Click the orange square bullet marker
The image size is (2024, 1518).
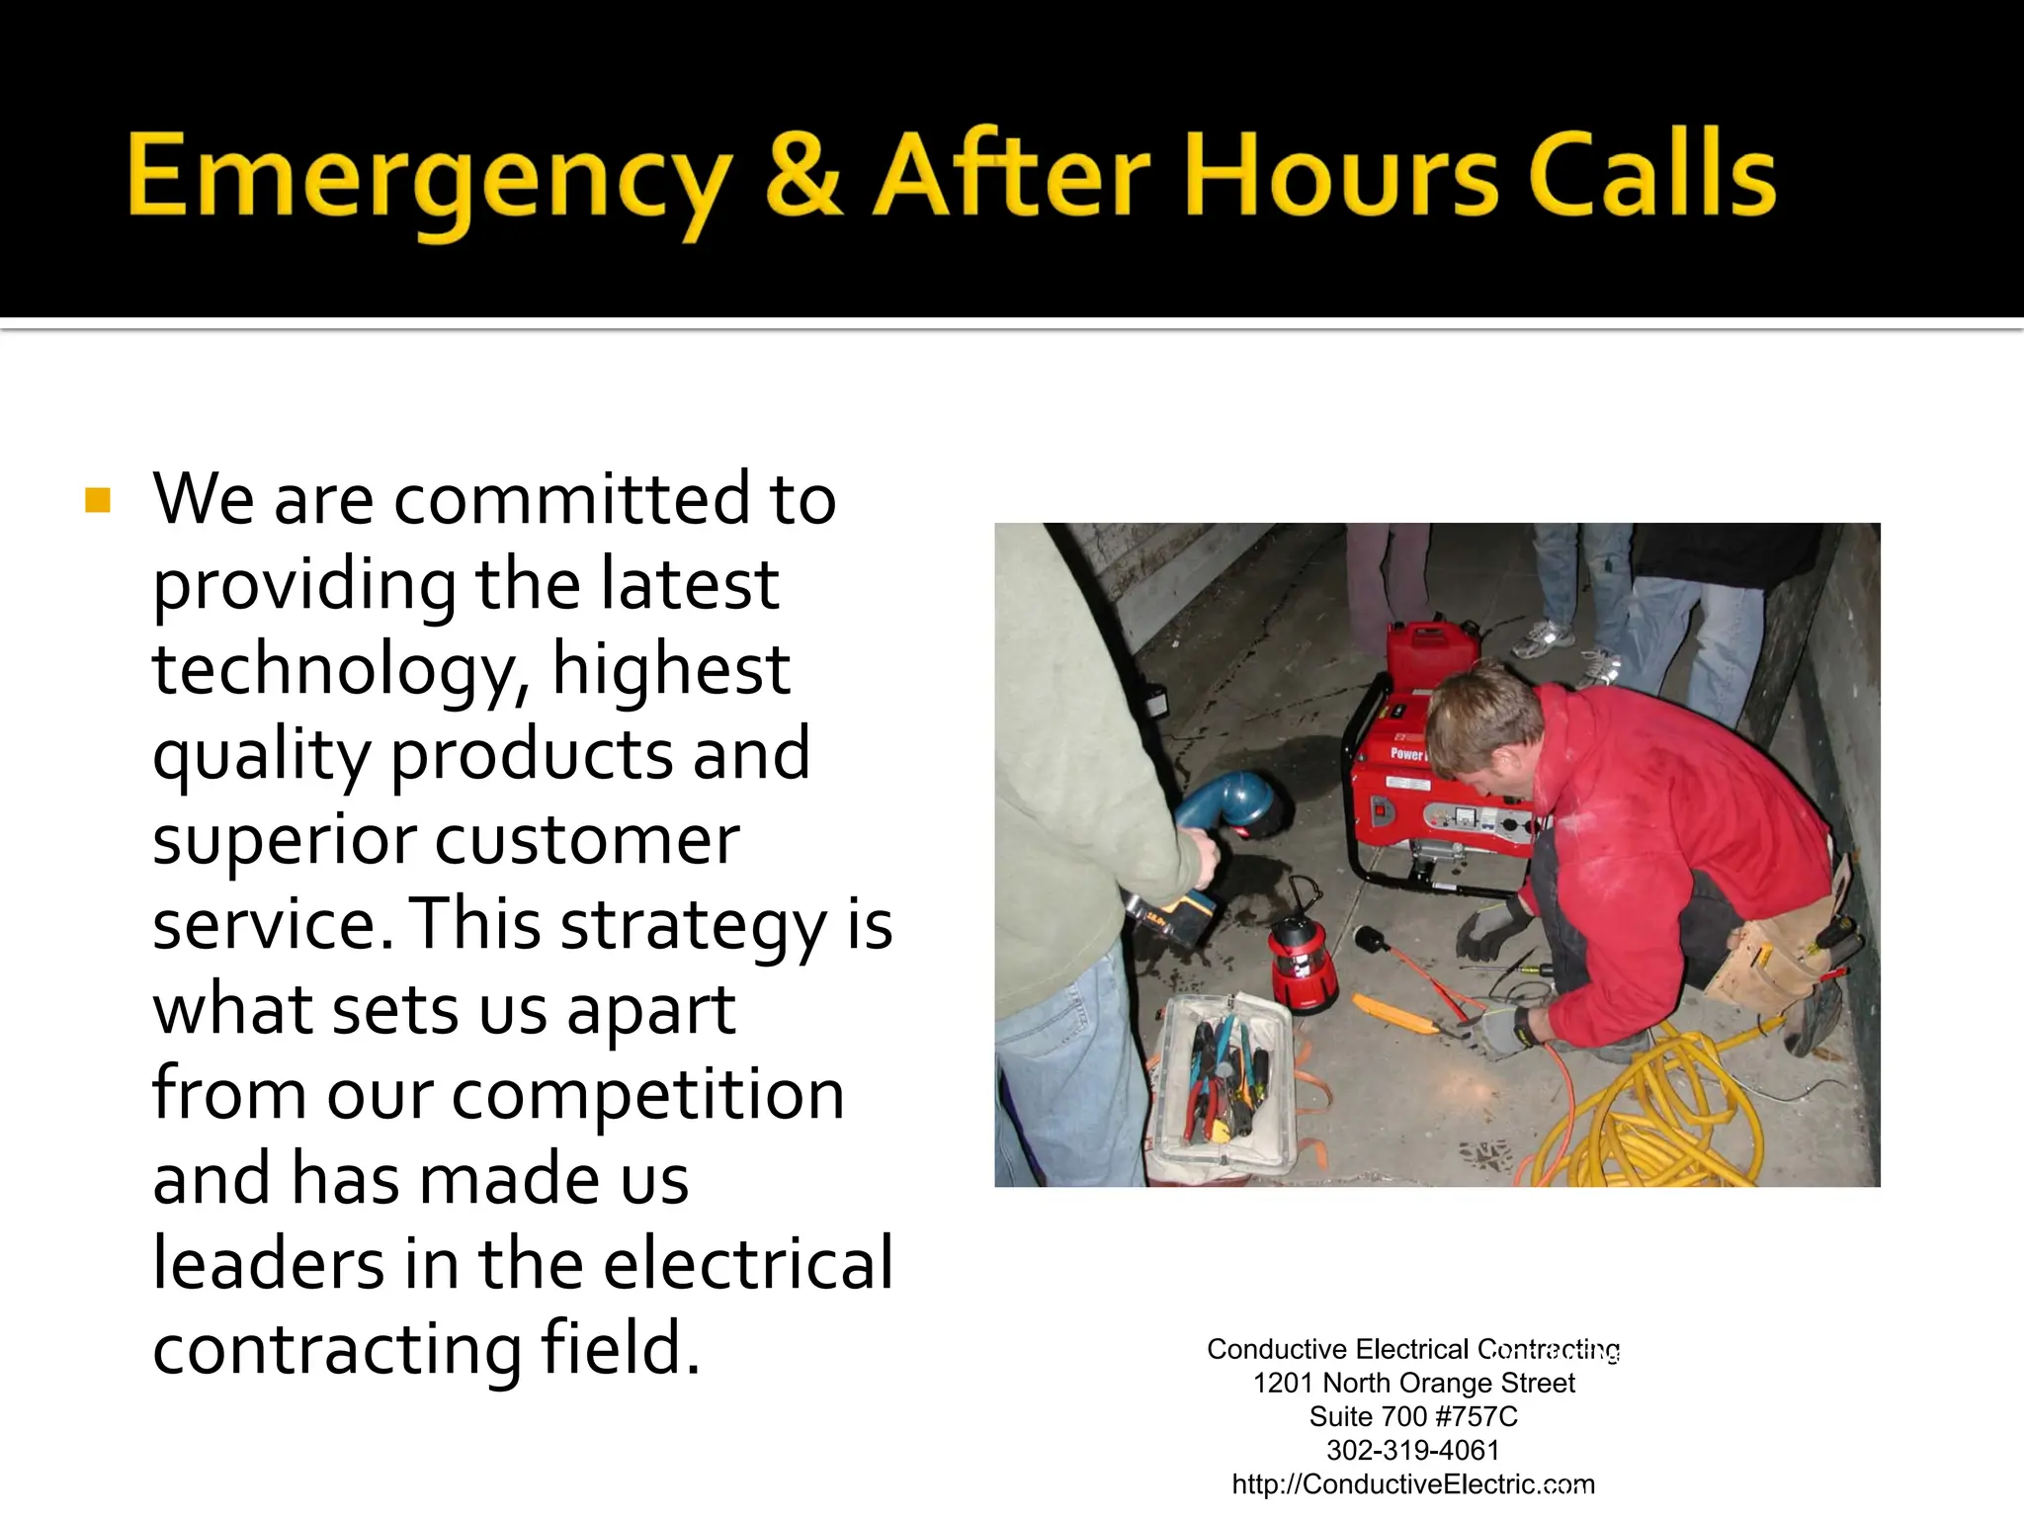(x=98, y=500)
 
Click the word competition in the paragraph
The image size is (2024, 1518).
(x=647, y=1095)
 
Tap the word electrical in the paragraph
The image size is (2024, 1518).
(x=748, y=1265)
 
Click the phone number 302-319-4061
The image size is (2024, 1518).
(x=1412, y=1450)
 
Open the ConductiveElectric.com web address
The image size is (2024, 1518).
(x=1412, y=1484)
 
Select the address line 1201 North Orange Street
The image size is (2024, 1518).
(x=1413, y=1383)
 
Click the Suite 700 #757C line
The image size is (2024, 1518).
(x=1413, y=1416)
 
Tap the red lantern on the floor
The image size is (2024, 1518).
(x=1302, y=961)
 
